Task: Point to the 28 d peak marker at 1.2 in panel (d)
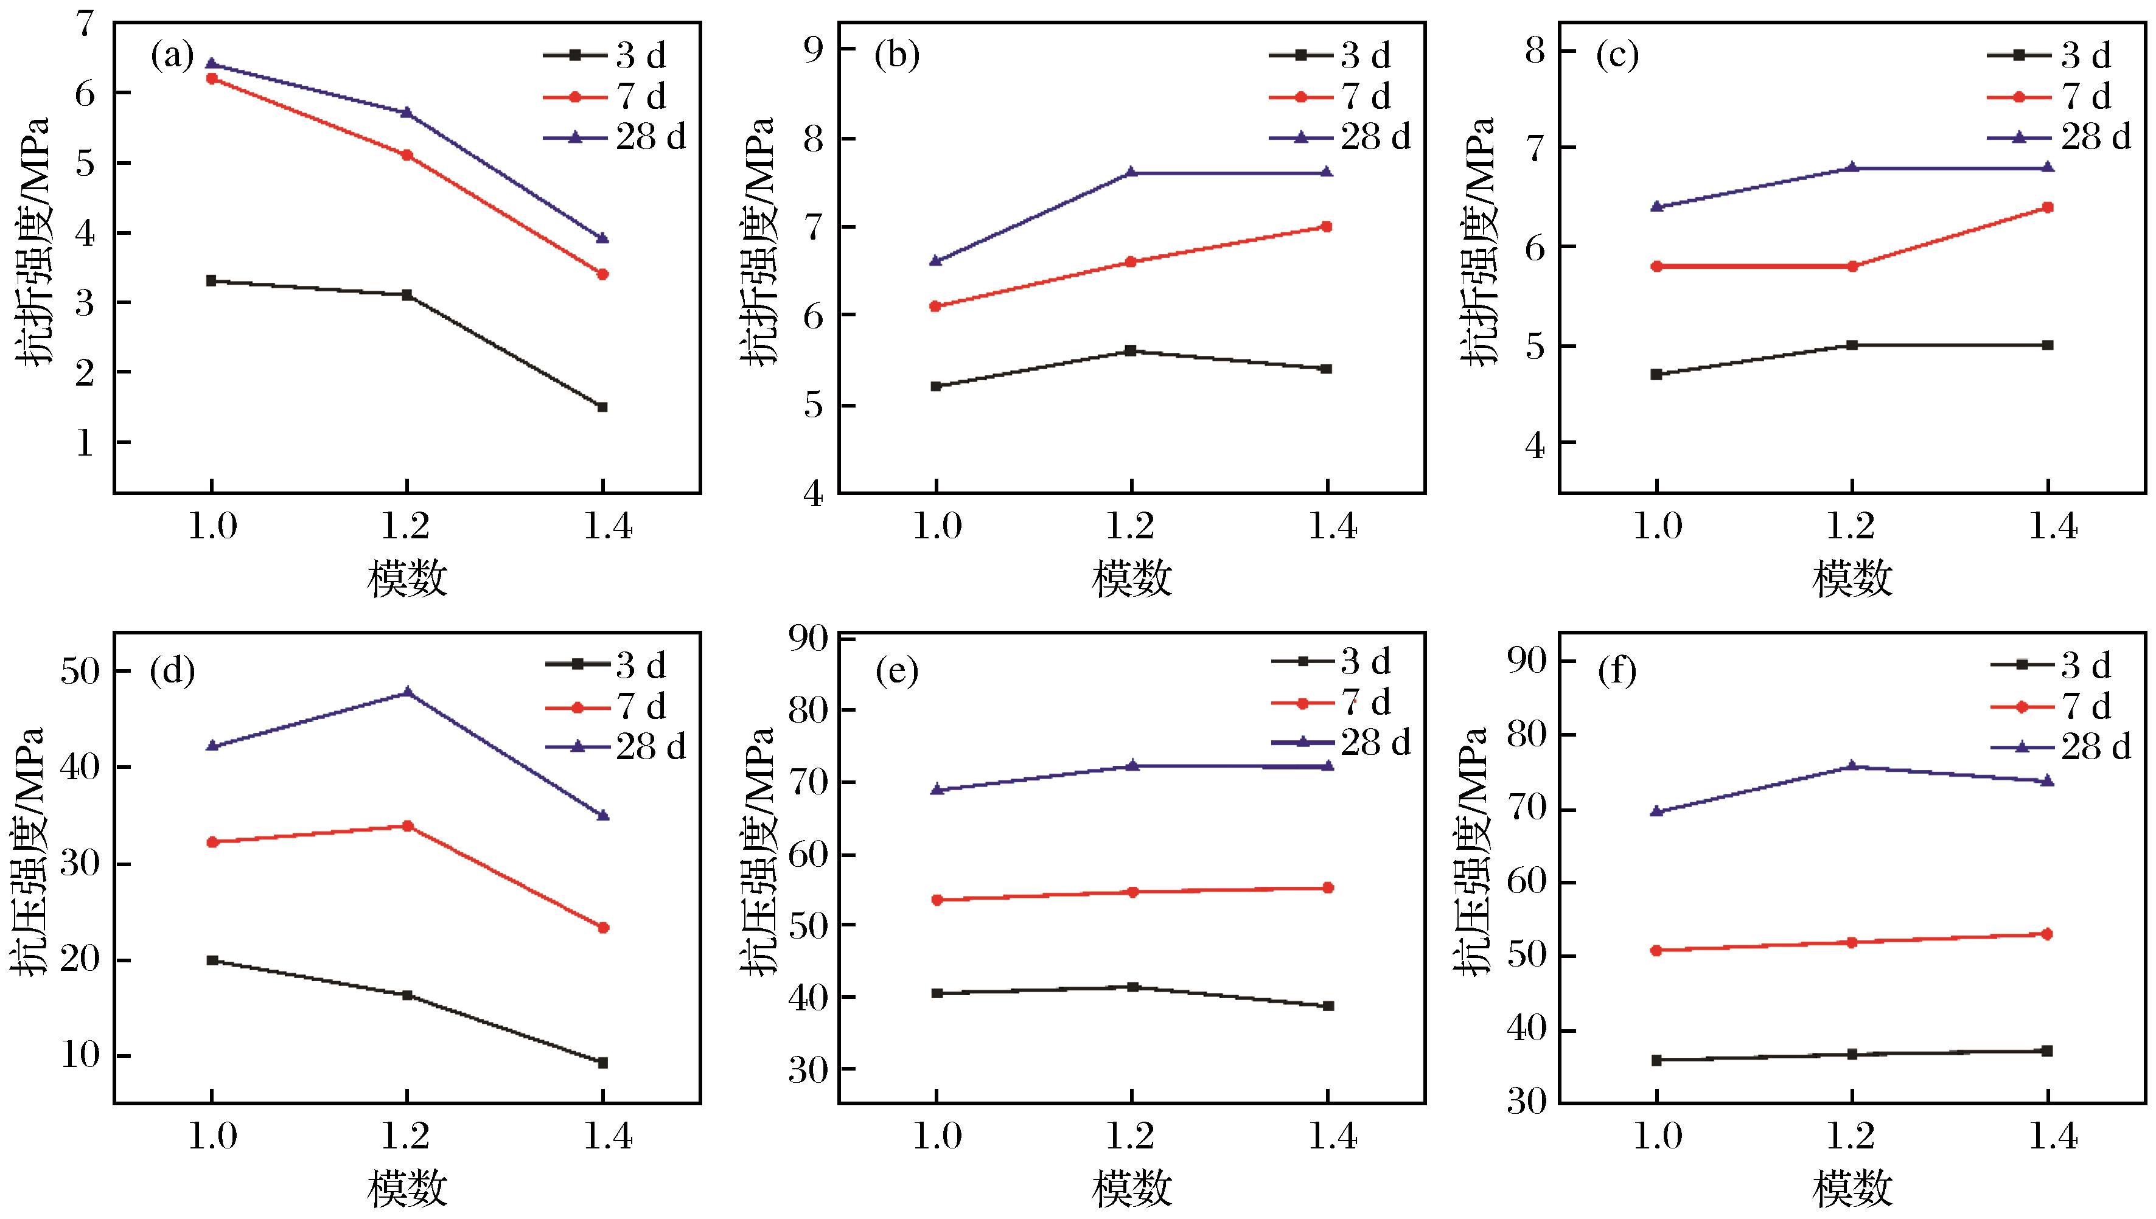(x=408, y=692)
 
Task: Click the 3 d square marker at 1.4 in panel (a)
(x=602, y=407)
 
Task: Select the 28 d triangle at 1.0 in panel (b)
(x=936, y=261)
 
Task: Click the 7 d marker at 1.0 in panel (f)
(x=1656, y=950)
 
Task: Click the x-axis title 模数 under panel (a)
(x=407, y=578)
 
